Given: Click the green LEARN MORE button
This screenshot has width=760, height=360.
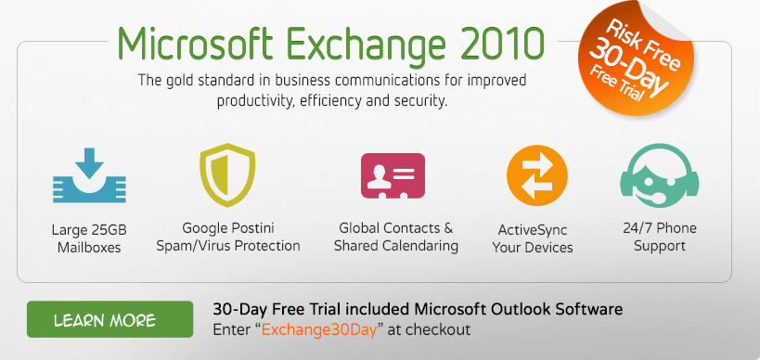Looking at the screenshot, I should (x=109, y=319).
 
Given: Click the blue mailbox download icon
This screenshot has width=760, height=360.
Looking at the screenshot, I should (x=87, y=176).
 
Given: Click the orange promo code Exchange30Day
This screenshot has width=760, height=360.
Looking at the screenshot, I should (x=322, y=329).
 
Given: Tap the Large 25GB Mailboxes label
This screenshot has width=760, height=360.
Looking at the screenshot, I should (x=88, y=238).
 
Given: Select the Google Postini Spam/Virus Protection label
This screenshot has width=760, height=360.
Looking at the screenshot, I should (x=241, y=237).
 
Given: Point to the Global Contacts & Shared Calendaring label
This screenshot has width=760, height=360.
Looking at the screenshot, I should (x=396, y=237).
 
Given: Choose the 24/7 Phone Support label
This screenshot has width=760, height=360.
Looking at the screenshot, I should (x=661, y=237).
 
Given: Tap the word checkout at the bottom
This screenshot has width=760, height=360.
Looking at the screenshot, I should (x=442, y=329).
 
